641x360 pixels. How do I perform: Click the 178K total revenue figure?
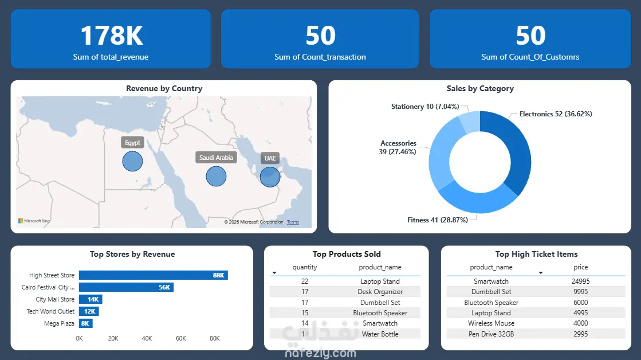(111, 36)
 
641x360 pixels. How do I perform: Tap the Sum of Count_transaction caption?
(320, 57)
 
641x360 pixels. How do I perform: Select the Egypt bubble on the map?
(132, 161)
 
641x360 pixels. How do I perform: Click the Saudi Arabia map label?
(216, 158)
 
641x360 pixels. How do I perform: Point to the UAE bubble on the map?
(270, 177)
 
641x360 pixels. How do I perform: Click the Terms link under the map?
(293, 222)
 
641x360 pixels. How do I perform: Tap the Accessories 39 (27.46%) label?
(398, 147)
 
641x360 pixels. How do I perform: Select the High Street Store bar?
(153, 275)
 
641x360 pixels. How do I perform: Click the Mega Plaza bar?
(85, 323)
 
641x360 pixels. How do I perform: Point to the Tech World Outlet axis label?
(50, 311)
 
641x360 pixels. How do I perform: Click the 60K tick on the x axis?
(181, 338)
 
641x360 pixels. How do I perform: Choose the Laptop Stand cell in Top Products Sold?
(380, 281)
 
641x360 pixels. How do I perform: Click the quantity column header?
(304, 267)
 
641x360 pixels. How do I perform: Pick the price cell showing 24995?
(580, 281)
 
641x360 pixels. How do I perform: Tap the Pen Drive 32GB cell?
(491, 334)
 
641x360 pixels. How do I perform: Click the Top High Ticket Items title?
(536, 254)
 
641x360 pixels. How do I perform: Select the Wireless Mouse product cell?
(491, 323)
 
